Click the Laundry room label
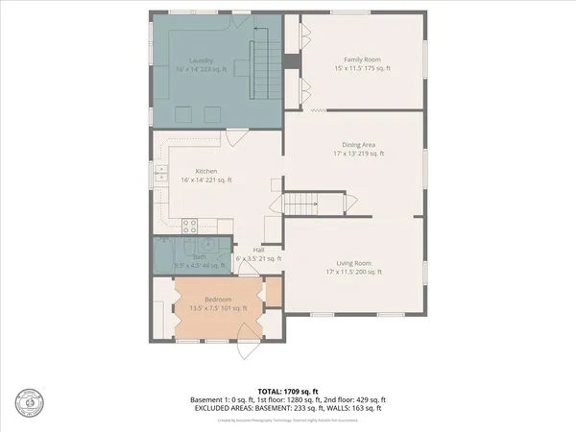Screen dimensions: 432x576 pyautogui.click(x=201, y=60)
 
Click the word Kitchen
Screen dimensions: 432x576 pyautogui.click(x=206, y=171)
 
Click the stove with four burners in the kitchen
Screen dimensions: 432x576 pyautogui.click(x=190, y=227)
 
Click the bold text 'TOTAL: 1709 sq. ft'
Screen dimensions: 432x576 pyautogui.click(x=288, y=391)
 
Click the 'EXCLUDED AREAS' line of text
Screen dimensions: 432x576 pyautogui.click(x=288, y=407)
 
